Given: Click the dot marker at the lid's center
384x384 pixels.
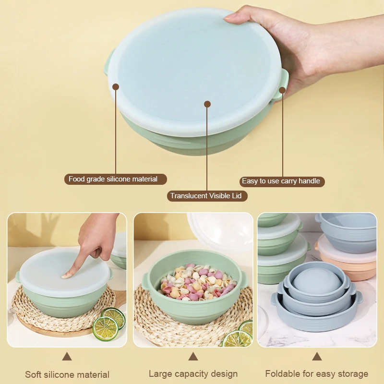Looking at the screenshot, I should click(x=207, y=104).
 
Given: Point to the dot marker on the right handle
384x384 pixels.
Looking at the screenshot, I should click(x=282, y=89).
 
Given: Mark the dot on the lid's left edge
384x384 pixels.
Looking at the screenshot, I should click(x=116, y=87).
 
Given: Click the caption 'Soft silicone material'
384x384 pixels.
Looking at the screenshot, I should click(x=67, y=374).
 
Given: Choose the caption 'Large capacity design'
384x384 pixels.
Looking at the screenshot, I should click(x=193, y=373).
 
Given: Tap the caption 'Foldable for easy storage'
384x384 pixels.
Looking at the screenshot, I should click(x=317, y=373).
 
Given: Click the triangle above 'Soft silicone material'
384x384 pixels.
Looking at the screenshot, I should click(x=67, y=357).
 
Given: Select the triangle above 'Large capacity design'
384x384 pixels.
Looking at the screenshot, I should click(x=193, y=357).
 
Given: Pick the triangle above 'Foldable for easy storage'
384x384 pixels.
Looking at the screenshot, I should click(x=317, y=357).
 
